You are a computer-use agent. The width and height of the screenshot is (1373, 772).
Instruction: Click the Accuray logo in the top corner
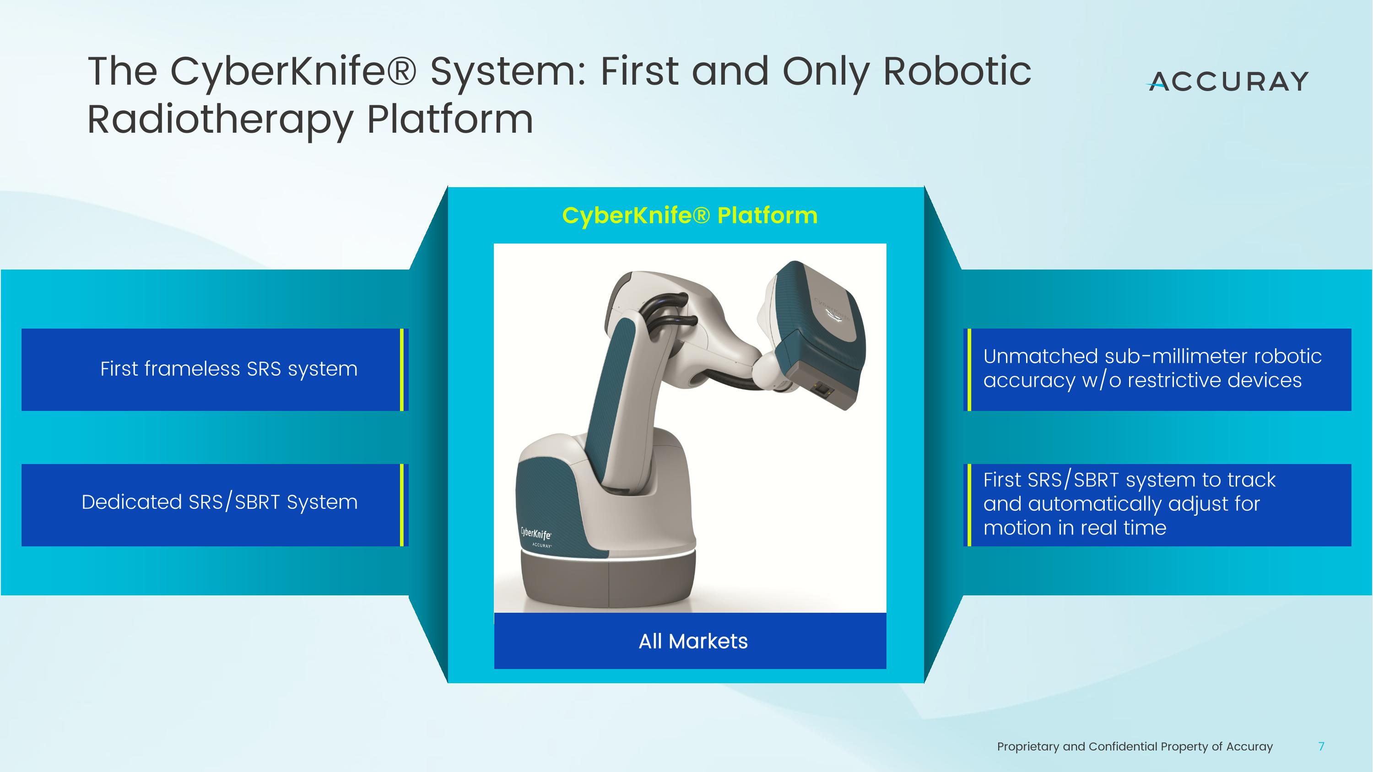click(1228, 81)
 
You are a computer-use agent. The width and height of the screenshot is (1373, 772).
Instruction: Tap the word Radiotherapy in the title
click(220, 119)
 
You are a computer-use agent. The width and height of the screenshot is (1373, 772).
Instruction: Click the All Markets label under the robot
click(693, 641)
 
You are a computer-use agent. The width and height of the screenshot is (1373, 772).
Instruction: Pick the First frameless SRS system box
click(213, 369)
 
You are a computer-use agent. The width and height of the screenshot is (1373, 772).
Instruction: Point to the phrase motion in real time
click(1075, 528)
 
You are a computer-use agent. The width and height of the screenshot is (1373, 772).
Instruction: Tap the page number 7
click(1321, 746)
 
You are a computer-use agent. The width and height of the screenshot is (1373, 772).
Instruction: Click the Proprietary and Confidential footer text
click(1134, 746)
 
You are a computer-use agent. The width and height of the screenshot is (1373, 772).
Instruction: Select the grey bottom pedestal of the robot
click(608, 583)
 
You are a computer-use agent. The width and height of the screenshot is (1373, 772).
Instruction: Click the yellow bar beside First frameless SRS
click(401, 369)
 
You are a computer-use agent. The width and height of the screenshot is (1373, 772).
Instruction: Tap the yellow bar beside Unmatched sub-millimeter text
click(969, 369)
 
